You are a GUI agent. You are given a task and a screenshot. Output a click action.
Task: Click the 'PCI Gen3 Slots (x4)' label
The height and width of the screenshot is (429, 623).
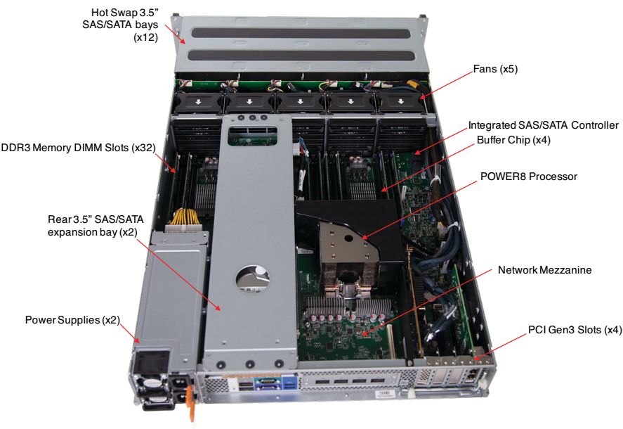coord(573,329)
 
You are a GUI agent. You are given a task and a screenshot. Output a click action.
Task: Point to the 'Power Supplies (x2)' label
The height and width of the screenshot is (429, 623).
coord(73,320)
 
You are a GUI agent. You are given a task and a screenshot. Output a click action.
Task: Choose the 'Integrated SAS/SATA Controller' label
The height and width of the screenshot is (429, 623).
coord(544,125)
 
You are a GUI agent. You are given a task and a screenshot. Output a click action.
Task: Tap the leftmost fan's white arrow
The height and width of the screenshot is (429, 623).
coord(200,103)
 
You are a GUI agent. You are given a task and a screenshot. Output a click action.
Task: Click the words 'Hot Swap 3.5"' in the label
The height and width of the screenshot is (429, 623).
coord(124,13)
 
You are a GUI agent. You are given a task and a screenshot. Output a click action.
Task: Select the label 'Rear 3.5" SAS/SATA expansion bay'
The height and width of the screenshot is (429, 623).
coord(97,224)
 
